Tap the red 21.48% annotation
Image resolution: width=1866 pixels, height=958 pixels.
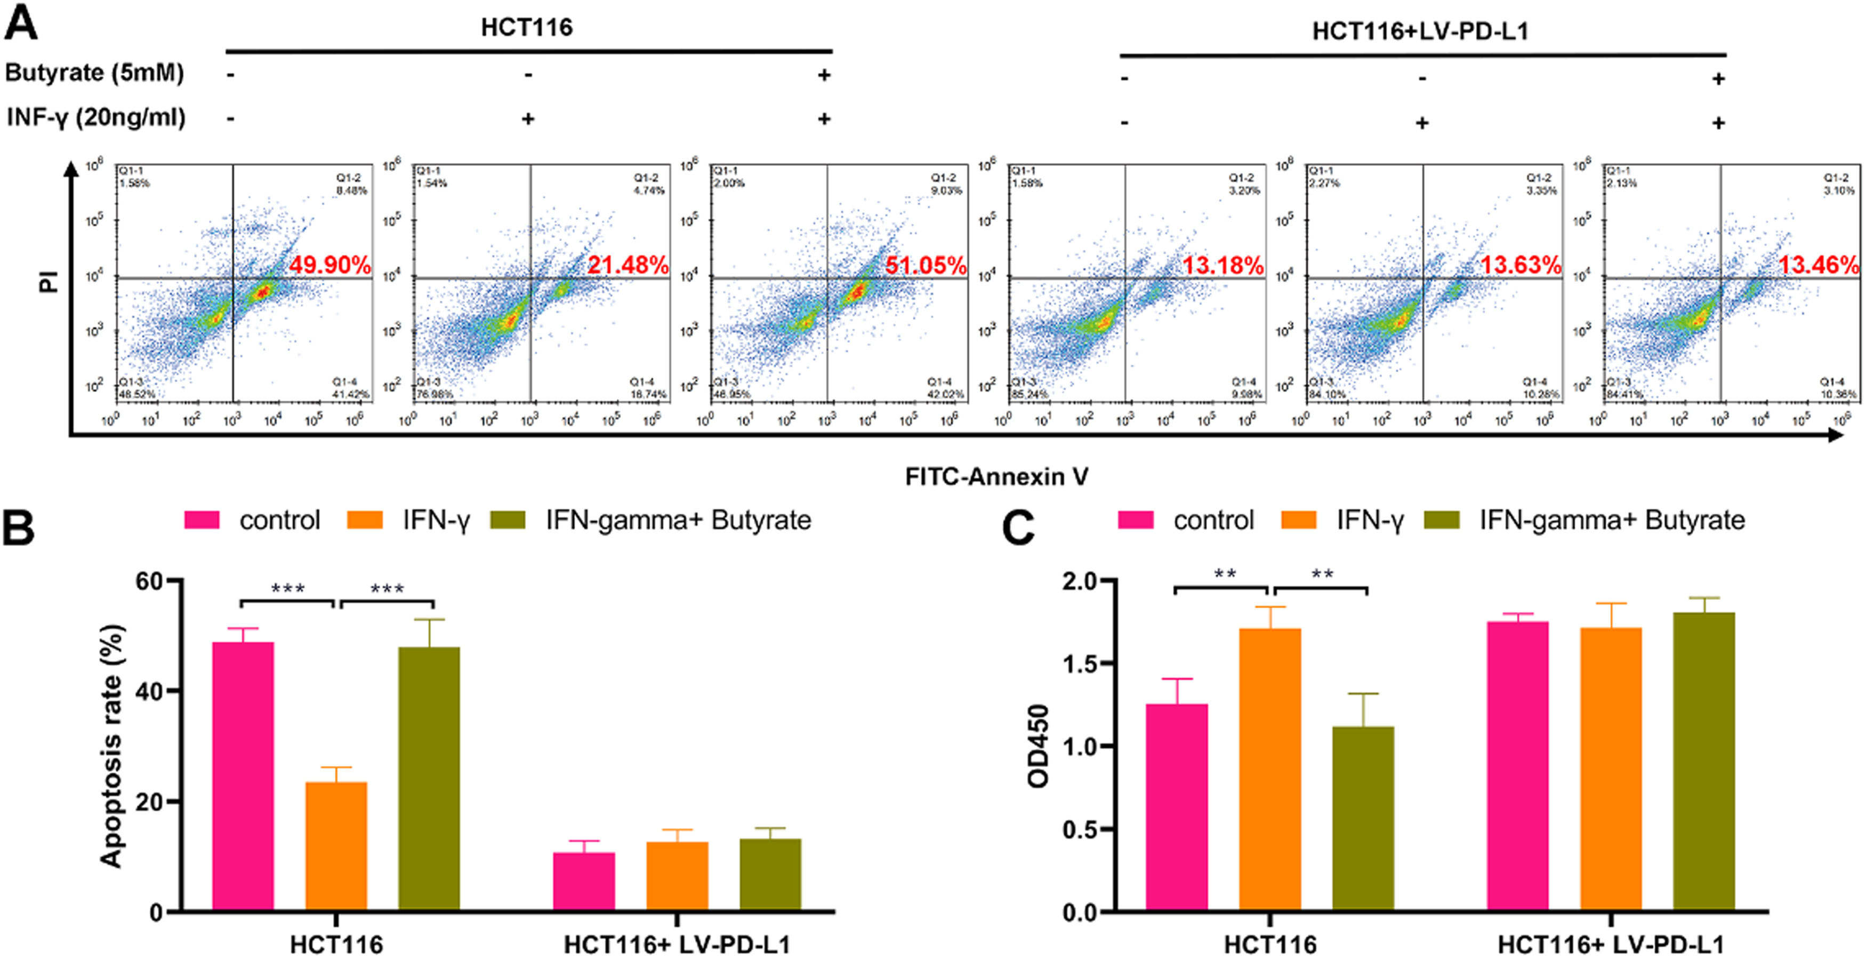[x=628, y=265]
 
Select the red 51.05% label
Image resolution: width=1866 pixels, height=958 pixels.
[x=925, y=265]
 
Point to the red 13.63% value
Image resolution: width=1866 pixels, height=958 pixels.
[x=1520, y=265]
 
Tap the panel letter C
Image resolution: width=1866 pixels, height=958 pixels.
[x=1018, y=528]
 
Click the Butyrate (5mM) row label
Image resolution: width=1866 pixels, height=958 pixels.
[x=94, y=73]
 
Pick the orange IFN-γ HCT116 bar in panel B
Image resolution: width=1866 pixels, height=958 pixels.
[x=336, y=845]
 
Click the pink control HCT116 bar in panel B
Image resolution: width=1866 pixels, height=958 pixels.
[x=243, y=776]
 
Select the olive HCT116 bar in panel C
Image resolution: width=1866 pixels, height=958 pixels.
[x=1363, y=818]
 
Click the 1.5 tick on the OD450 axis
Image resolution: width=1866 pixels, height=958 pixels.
[x=1079, y=664]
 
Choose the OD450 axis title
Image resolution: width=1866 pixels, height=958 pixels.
[x=1039, y=746]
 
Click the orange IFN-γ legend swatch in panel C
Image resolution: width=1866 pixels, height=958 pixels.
[x=1298, y=520]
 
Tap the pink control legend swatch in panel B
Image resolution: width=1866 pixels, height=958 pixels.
[x=202, y=520]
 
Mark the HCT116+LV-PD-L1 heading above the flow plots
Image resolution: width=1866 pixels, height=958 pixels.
[x=1420, y=31]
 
